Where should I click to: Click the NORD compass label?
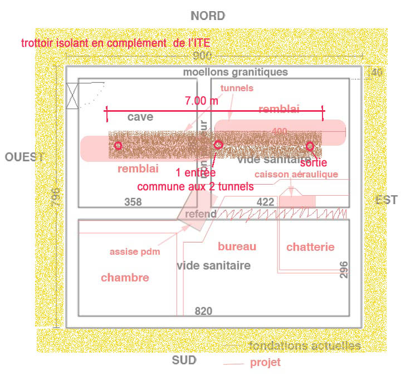(208, 16)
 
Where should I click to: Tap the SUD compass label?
(184, 360)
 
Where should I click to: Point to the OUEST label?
(24, 157)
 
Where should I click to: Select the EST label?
(387, 200)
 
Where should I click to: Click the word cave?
(140, 117)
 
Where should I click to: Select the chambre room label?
(125, 278)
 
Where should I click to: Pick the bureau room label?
(237, 246)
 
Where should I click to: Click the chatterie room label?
(310, 247)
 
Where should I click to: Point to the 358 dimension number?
(133, 202)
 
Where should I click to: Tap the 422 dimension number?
(265, 202)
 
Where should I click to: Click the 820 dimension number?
(203, 311)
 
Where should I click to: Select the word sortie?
(313, 163)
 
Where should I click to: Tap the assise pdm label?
(135, 251)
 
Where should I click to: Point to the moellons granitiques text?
(236, 72)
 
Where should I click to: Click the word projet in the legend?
(265, 363)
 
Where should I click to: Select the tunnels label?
(237, 88)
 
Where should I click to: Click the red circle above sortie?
(310, 146)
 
